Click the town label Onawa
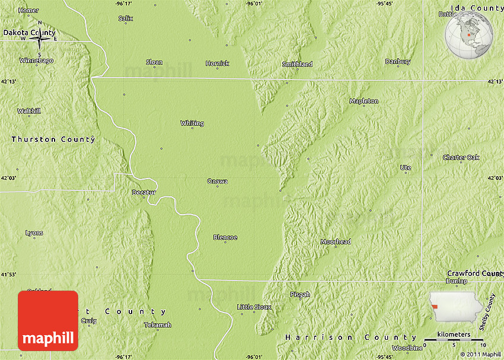click(217, 181)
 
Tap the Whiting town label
click(192, 123)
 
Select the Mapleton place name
click(363, 101)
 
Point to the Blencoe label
click(225, 237)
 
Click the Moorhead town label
click(336, 241)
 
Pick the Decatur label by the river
click(143, 192)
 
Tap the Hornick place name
click(217, 63)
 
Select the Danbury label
click(397, 61)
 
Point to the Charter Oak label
click(461, 157)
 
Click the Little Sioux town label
click(254, 307)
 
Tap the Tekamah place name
click(158, 324)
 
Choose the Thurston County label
click(53, 139)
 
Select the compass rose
click(39, 39)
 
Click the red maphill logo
click(48, 320)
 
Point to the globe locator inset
click(470, 34)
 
